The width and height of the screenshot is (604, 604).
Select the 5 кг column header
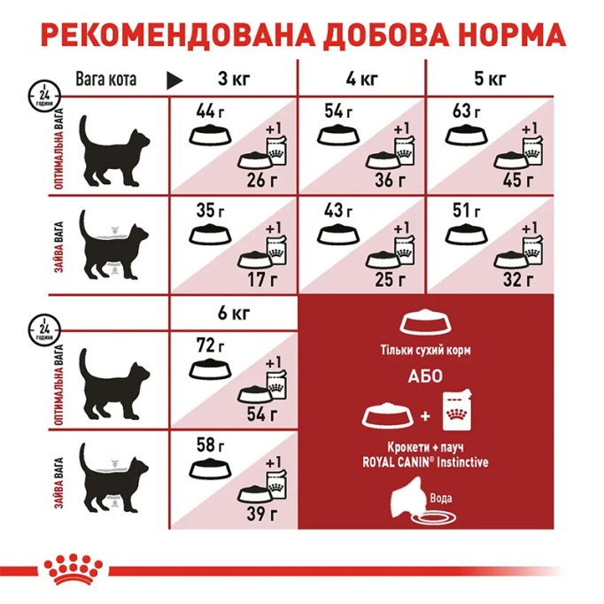coord(492,79)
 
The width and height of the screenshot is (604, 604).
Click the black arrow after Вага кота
coord(174,81)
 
